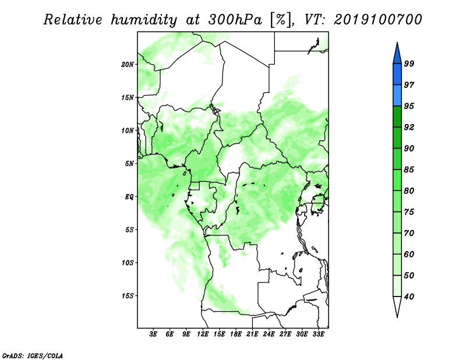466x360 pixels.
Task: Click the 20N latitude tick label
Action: [128, 65]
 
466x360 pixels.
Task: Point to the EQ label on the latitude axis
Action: [129, 197]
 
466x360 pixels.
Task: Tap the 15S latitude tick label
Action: [128, 296]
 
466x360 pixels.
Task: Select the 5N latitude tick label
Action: [129, 164]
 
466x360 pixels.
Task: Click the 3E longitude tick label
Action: [153, 334]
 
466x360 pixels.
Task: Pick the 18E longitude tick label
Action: [236, 334]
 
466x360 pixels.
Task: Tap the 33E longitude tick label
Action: [318, 334]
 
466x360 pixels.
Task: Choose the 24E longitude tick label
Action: [269, 334]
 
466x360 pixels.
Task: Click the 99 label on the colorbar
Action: [409, 63]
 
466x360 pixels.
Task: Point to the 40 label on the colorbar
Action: [409, 297]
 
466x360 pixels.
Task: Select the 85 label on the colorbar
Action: [409, 170]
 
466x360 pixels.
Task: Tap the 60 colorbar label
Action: [409, 254]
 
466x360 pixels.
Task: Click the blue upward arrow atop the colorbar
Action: [397, 55]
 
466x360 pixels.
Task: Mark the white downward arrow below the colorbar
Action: [397, 306]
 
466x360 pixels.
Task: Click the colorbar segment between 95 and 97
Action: [397, 96]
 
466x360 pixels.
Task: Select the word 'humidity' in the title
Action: [144, 20]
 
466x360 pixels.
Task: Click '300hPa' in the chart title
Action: [235, 20]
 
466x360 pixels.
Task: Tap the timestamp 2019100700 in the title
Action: [377, 20]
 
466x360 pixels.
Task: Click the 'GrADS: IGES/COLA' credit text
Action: [33, 355]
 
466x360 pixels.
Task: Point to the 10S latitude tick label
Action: [128, 263]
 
